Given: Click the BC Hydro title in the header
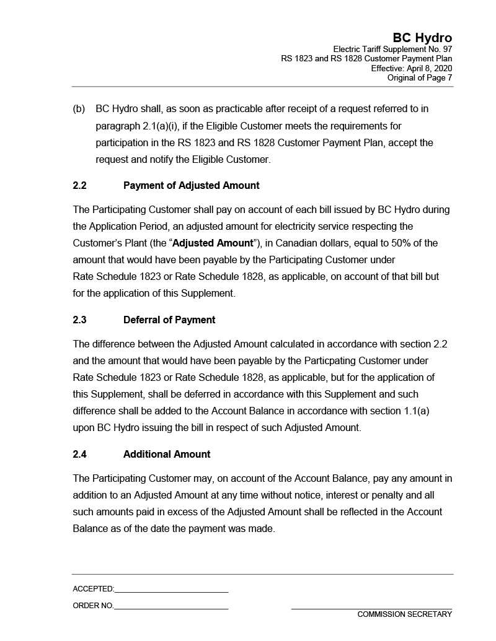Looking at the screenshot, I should tap(422, 38).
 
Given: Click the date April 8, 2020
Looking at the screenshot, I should tap(430, 68).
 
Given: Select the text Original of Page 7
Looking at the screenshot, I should tap(420, 77).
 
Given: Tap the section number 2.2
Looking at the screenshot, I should tap(79, 185).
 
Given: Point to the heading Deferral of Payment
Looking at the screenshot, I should tap(169, 320).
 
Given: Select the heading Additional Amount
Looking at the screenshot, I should tap(167, 454).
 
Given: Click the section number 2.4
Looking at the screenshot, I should tap(79, 454).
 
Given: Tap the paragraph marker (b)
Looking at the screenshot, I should tap(79, 109).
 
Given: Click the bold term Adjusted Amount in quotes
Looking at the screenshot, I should tap(213, 243).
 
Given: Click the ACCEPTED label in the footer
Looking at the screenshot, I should tap(93, 589).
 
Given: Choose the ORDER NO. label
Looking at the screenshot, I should tap(93, 606).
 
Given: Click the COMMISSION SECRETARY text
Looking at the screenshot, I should tap(404, 614).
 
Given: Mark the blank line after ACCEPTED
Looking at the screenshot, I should tap(171, 592).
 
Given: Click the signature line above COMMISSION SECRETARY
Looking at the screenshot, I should tap(371, 609).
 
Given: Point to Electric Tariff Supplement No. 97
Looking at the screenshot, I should tap(392, 50).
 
